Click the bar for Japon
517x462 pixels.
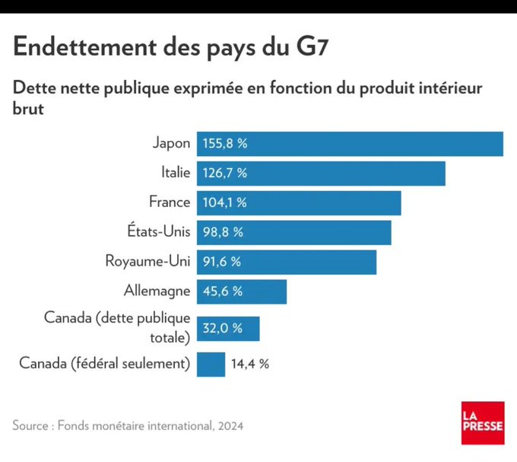click(x=350, y=144)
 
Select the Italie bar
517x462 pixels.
click(x=321, y=173)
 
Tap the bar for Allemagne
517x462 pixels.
click(x=242, y=292)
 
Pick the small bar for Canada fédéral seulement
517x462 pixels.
click(x=211, y=364)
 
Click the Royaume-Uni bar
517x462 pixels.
click(x=287, y=262)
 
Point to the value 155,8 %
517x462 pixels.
click(x=225, y=144)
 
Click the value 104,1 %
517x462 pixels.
click(x=224, y=202)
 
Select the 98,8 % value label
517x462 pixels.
click(x=223, y=232)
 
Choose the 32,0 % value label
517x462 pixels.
click(x=222, y=328)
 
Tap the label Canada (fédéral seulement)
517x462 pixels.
click(x=104, y=364)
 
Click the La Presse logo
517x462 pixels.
click(x=482, y=422)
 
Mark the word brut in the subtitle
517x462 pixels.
click(x=28, y=110)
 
